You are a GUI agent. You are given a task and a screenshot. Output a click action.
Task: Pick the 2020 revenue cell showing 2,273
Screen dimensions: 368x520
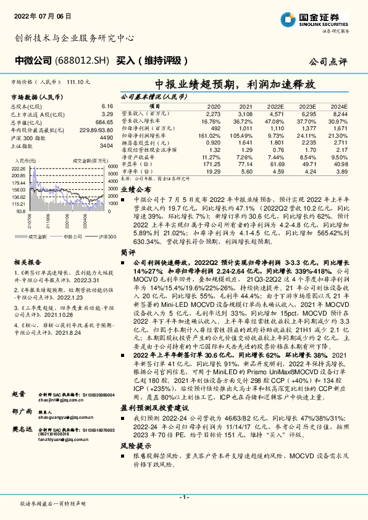click(x=212, y=114)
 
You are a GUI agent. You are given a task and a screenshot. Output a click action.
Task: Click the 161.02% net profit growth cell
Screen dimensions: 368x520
click(x=210, y=135)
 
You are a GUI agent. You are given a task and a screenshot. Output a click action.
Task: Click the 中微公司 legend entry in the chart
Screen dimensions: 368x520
click(x=72, y=237)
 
